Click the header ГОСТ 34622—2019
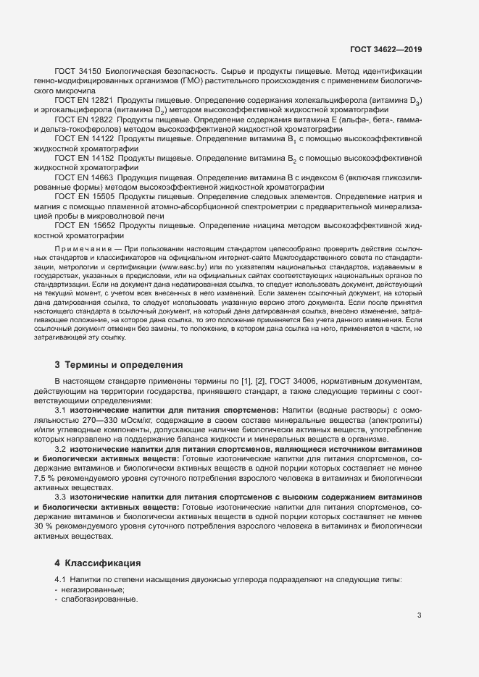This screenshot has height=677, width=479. coord(386,49)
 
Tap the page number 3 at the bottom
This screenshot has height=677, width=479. coord(420,615)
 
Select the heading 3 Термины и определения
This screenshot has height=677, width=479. coord(119,364)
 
